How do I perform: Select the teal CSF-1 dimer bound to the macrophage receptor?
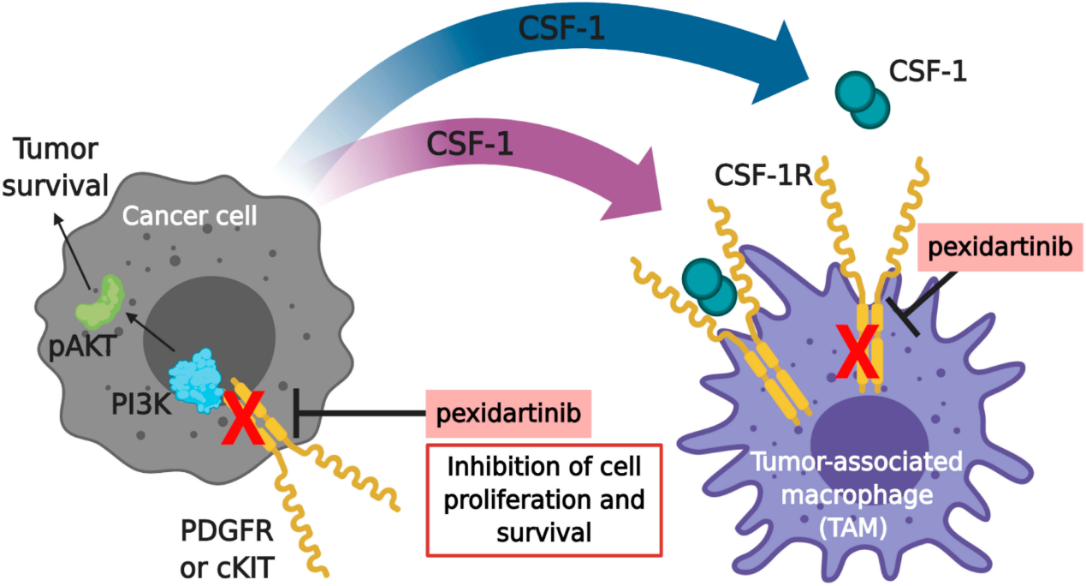[x=709, y=288]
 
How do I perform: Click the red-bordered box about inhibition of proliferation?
[x=544, y=499]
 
